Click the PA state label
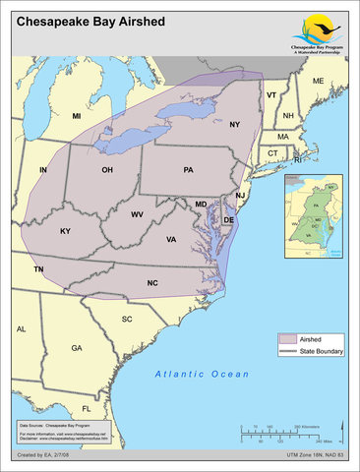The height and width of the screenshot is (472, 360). click(x=188, y=170)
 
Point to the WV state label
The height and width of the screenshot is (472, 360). click(x=137, y=213)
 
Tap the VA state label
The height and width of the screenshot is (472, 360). click(x=171, y=240)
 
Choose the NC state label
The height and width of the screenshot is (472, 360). click(x=152, y=283)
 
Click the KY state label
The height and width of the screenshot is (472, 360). click(x=65, y=231)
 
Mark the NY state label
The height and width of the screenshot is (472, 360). click(x=234, y=125)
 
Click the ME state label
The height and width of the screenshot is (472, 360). click(x=318, y=80)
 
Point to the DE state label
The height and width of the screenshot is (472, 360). click(x=228, y=220)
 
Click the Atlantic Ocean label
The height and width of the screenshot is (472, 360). click(x=203, y=375)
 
